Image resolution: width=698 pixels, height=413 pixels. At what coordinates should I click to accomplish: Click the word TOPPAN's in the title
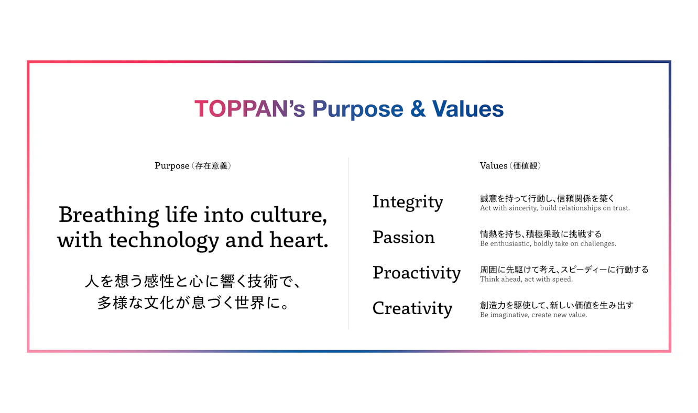pos(249,109)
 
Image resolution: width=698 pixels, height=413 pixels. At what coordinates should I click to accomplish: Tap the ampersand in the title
pos(418,109)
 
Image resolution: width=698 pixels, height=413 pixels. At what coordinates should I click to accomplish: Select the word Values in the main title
pos(468,109)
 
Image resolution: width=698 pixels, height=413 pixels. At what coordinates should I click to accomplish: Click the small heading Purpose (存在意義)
pos(193,165)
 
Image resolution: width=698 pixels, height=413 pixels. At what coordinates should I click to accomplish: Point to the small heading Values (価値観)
pos(510,165)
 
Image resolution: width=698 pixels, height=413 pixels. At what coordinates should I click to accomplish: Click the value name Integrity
pos(408,202)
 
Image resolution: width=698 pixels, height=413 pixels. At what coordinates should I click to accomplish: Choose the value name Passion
pos(403,237)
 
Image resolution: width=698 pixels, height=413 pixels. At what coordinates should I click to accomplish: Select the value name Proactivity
pos(417,273)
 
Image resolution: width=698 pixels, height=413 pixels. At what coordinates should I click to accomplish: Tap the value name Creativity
pos(412,309)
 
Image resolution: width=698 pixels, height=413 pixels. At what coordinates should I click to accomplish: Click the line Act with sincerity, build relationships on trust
pos(554,208)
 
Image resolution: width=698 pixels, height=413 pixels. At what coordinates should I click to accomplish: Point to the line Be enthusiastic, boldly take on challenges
pos(548,244)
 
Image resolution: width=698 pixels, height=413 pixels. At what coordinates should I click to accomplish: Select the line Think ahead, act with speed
pos(526,279)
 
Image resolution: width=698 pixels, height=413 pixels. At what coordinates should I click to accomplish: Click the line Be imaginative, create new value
pos(533,315)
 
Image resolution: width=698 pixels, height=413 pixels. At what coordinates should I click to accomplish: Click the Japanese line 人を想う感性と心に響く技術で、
pos(193,281)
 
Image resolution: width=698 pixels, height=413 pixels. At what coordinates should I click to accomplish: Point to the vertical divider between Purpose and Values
pos(348,243)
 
